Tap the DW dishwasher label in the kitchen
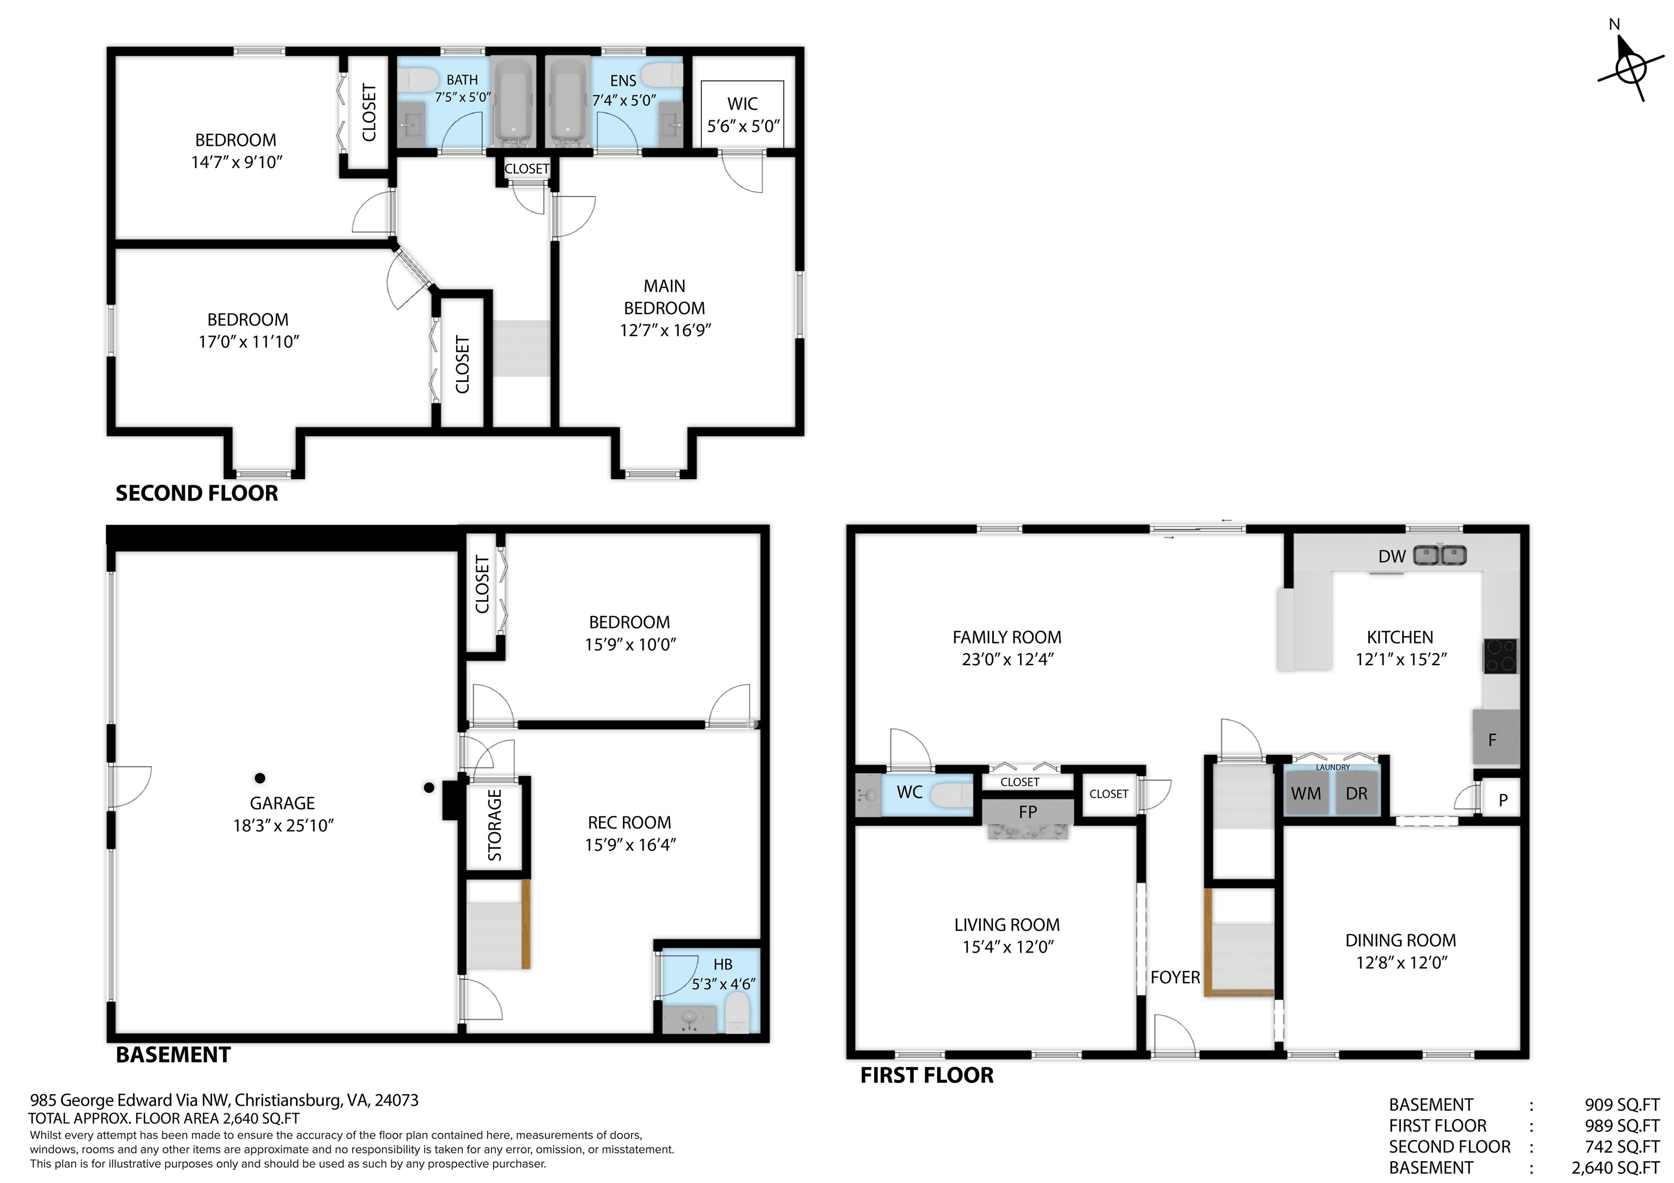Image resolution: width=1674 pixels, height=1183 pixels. (1391, 556)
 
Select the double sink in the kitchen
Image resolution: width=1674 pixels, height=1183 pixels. (1440, 556)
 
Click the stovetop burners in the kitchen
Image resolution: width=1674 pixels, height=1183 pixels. (1501, 655)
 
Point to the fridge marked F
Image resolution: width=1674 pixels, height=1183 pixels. (1496, 737)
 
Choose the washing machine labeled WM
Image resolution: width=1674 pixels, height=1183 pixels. (1306, 793)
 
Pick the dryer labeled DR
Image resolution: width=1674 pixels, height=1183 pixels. (1356, 793)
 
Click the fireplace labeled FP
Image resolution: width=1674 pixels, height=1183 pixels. (1028, 812)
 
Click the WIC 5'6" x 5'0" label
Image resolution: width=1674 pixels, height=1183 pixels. (743, 115)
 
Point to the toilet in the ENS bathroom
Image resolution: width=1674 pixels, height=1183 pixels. (664, 75)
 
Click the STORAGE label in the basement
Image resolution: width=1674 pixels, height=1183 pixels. (494, 825)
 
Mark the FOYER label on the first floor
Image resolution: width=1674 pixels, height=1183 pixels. (1175, 978)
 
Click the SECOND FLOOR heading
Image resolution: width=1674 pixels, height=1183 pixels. (197, 493)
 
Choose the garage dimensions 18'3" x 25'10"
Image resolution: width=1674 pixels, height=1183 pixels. (283, 825)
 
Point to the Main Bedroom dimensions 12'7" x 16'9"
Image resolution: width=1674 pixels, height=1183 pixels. (665, 330)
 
